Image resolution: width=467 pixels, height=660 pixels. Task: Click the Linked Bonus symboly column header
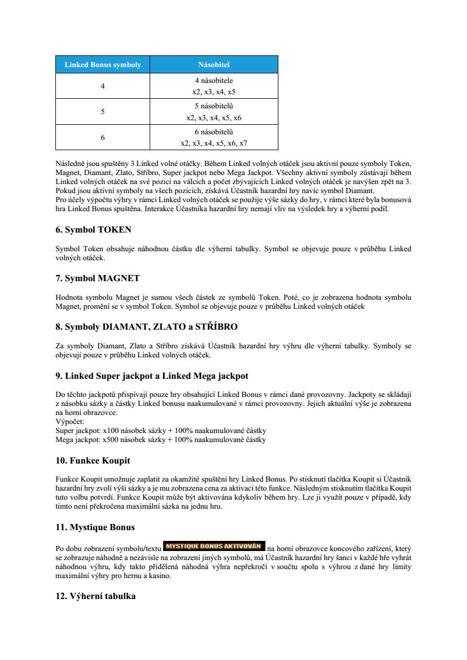[103, 65]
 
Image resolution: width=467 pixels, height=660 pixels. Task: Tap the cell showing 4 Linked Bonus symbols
[103, 86]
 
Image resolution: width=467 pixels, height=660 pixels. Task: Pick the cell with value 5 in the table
[103, 112]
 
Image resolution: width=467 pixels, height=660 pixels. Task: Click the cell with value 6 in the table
[103, 137]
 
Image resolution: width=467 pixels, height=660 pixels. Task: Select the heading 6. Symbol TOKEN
[93, 230]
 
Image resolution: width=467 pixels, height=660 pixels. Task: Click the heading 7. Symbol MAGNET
[97, 278]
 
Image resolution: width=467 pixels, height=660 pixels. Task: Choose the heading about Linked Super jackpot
[151, 376]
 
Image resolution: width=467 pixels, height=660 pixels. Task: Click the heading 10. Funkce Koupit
[93, 461]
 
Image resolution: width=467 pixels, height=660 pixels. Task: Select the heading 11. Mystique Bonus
[95, 527]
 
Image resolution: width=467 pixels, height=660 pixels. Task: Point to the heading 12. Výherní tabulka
[95, 596]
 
